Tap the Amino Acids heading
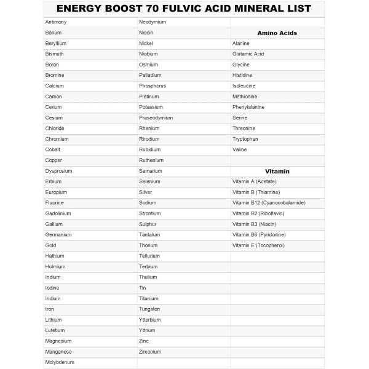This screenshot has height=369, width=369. (277, 33)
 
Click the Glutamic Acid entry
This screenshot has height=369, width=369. (248, 54)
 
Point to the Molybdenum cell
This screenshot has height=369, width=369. (59, 363)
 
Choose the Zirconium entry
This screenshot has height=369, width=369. (150, 352)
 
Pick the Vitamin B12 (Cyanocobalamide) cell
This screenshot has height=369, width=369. (269, 202)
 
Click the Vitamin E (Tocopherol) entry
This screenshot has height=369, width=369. (258, 245)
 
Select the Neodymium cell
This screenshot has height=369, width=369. (153, 22)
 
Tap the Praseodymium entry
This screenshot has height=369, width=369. (156, 117)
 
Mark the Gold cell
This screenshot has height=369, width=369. (51, 245)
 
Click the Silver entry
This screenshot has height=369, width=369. (146, 192)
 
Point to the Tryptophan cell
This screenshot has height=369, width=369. (245, 139)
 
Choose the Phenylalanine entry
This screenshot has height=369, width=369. (248, 107)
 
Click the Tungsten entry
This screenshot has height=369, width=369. (149, 309)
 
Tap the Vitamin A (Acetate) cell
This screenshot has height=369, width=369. (254, 181)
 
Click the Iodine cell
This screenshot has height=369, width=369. (52, 288)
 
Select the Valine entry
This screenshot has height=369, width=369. (239, 149)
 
